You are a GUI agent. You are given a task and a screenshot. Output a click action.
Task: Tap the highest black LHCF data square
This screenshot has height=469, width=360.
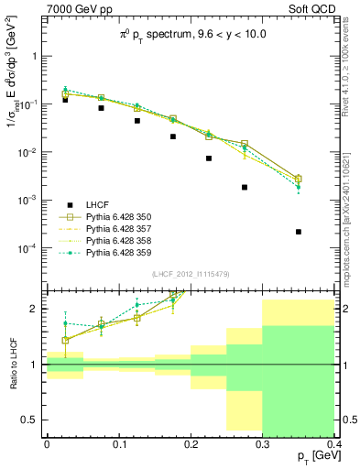tap(65, 100)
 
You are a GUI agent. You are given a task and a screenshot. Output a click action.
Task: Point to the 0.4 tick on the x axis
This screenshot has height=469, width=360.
tap(334, 442)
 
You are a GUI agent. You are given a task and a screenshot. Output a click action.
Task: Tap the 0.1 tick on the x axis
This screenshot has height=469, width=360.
tap(119, 442)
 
